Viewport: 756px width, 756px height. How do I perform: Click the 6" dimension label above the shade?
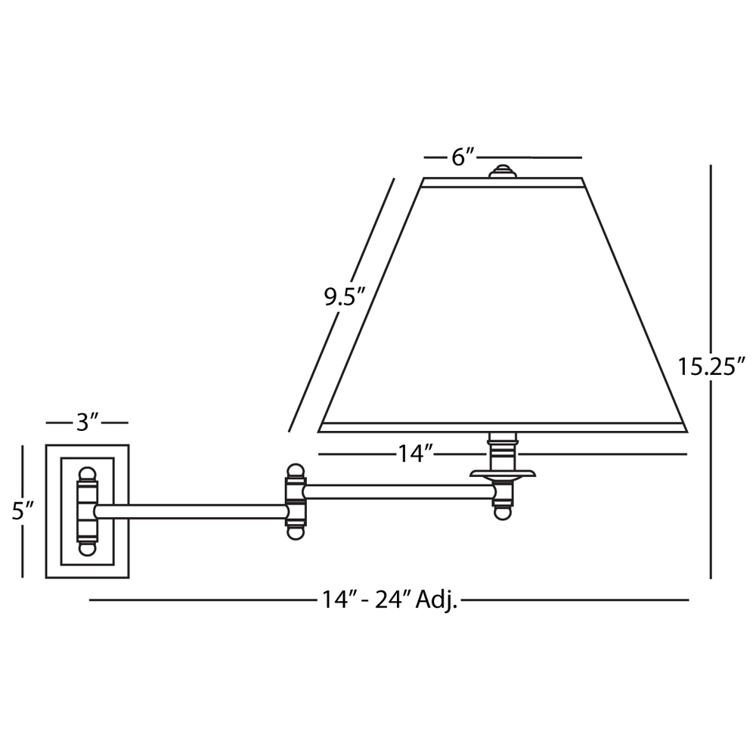pos(463,157)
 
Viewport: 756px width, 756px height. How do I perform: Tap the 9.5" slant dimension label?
pos(345,297)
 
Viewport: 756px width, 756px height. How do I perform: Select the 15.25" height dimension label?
pos(711,366)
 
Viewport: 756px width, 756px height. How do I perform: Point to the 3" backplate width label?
pos(88,423)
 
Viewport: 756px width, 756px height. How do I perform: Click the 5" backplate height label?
pos(23,511)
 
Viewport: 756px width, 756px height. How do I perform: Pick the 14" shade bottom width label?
pos(414,454)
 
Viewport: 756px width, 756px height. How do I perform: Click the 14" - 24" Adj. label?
pos(389,600)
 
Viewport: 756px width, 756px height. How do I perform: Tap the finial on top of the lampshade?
pos(503,171)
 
